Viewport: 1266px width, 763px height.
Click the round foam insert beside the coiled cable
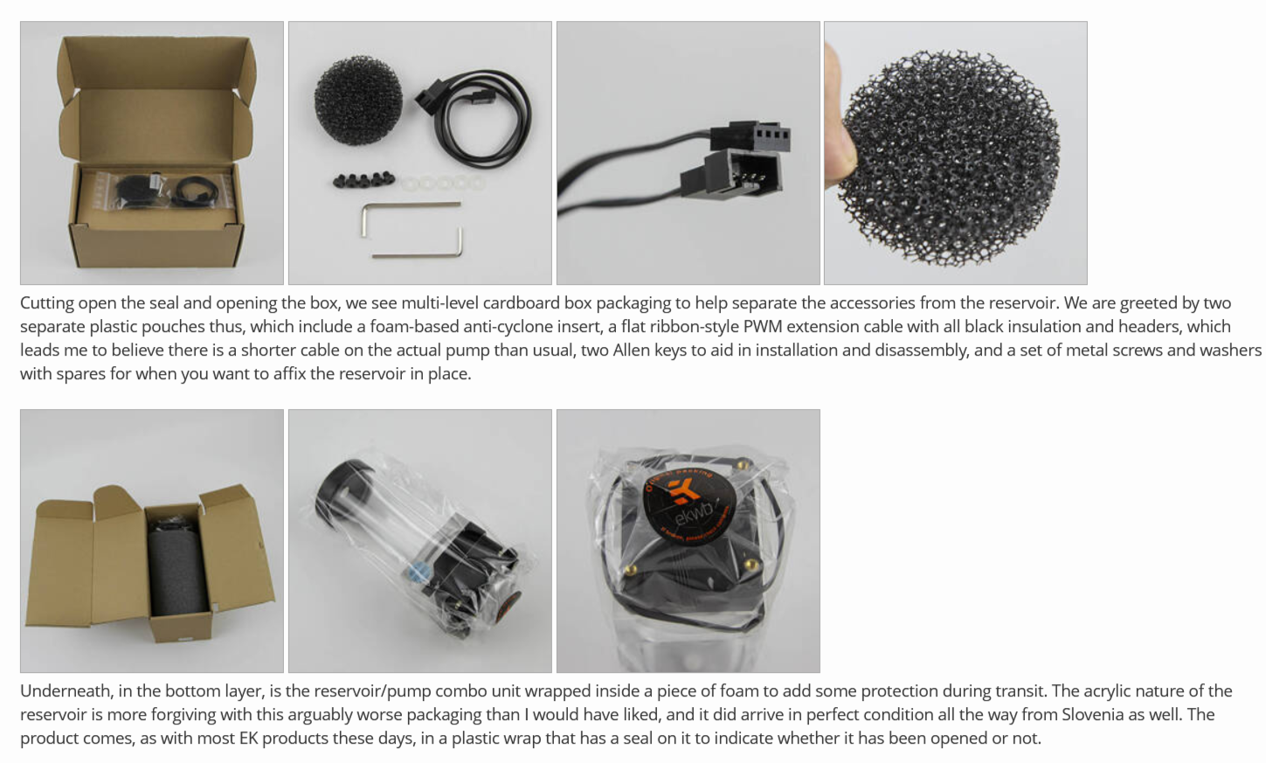358,101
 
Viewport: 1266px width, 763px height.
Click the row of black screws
363,180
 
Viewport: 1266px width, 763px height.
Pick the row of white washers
443,183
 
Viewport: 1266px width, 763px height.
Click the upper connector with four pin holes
750,135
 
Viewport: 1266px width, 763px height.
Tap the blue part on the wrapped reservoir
417,572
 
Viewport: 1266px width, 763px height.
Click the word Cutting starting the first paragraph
47,303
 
